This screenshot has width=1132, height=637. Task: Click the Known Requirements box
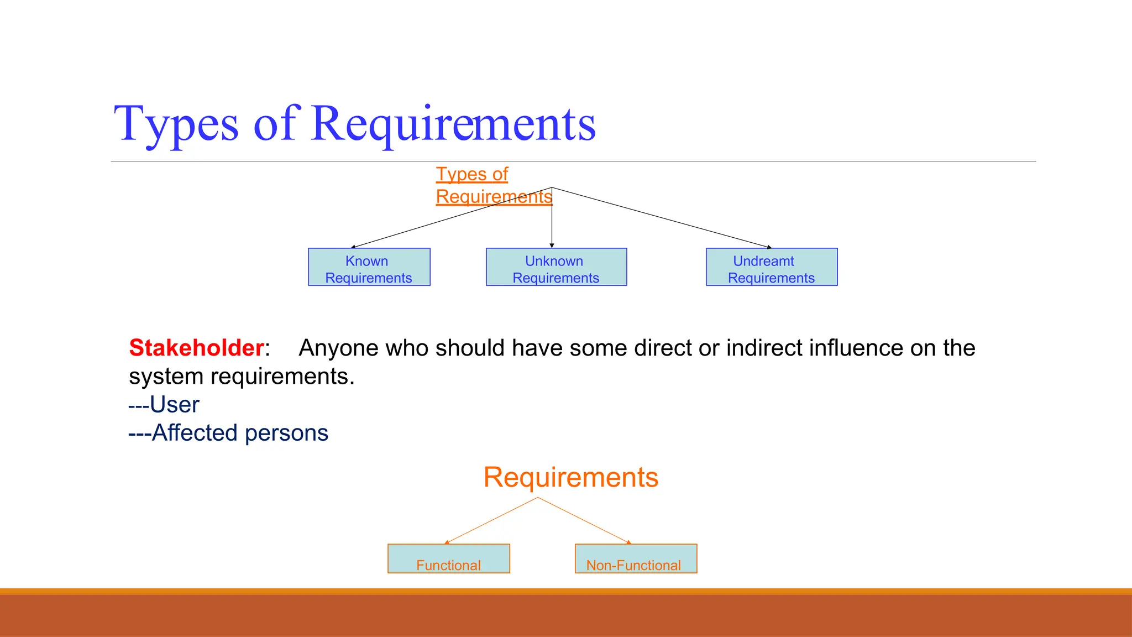pyautogui.click(x=369, y=267)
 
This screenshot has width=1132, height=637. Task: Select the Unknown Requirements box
pyautogui.click(x=556, y=267)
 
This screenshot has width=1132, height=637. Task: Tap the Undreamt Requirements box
pyautogui.click(x=772, y=267)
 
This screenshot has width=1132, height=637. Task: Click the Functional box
pyautogui.click(x=448, y=559)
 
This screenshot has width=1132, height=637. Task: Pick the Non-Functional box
pyautogui.click(x=636, y=559)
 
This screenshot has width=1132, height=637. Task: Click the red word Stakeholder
pyautogui.click(x=196, y=348)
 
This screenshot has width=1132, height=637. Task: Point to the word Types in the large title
pyautogui.click(x=176, y=124)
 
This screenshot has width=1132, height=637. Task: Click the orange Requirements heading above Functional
pyautogui.click(x=570, y=477)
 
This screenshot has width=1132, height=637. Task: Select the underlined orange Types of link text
pyautogui.click(x=471, y=174)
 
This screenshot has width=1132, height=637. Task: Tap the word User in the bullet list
pyautogui.click(x=174, y=405)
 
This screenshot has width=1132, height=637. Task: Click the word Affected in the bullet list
pyautogui.click(x=195, y=433)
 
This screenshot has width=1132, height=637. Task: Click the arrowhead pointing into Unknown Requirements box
pyautogui.click(x=552, y=246)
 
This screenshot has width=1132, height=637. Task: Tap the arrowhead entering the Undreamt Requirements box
pyautogui.click(x=769, y=247)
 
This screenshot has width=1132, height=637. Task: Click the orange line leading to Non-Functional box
pyautogui.click(x=584, y=520)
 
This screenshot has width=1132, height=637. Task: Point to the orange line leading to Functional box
pyautogui.click(x=492, y=520)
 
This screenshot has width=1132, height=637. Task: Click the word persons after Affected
pyautogui.click(x=286, y=434)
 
